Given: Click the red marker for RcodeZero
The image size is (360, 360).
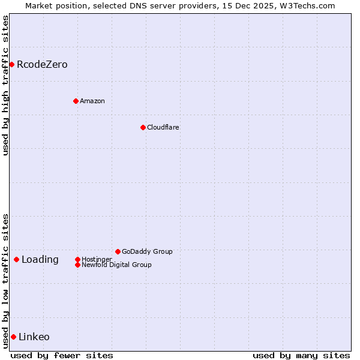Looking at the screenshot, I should coord(11,64).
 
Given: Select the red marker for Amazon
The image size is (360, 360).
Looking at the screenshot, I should coord(76,101).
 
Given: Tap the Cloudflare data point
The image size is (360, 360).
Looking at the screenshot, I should coord(143,127).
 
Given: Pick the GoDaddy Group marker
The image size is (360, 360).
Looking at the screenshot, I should coord(118,251).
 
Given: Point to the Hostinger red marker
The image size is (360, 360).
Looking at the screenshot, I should coord(77,259).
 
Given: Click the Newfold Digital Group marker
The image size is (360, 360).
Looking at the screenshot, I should coord(77,265).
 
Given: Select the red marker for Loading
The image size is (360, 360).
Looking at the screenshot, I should coord(16,259).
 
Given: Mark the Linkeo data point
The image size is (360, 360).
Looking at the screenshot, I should coord(13,337).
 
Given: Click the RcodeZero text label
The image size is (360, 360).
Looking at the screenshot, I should coord(42,64).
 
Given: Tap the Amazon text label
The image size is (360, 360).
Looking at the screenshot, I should coord(92,101).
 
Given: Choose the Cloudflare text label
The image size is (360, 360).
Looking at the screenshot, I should coord(163,127).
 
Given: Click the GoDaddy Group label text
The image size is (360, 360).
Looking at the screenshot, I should coord(147,251).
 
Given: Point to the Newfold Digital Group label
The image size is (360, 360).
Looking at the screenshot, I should coord(116,265).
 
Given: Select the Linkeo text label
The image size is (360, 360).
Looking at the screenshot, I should coord(34,337).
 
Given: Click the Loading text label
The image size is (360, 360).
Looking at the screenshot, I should coord(40,259).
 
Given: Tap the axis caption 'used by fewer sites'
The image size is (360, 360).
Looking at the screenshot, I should coord(62,355).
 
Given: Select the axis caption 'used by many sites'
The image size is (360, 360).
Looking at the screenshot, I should coord(301,355).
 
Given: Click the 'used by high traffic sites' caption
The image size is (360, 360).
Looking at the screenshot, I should coord(5,85).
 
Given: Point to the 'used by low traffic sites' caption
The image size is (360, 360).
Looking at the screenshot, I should coord(5,280).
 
